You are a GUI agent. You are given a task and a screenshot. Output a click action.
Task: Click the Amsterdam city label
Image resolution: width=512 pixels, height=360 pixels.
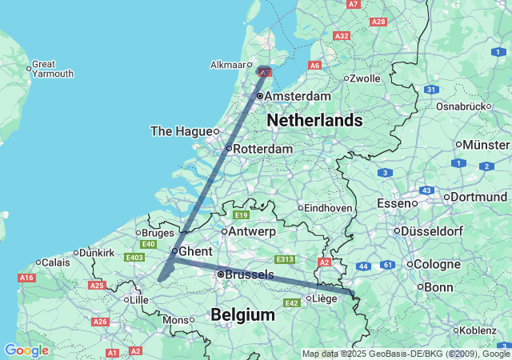click(x=297, y=96)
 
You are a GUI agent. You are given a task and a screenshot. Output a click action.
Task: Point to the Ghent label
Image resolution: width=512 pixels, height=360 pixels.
click(x=195, y=251)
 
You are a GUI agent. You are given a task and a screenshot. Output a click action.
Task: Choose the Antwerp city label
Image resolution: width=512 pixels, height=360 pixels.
click(x=252, y=231)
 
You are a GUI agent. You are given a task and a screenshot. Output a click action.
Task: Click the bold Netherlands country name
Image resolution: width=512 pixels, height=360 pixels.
click(x=314, y=121)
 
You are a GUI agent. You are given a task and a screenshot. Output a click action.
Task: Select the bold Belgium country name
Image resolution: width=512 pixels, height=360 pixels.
click(x=242, y=315)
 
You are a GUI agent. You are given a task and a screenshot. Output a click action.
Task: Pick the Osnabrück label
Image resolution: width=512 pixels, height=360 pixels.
click(x=462, y=106)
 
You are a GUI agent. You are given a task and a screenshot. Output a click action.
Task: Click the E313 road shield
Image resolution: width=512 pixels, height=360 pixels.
click(x=285, y=259)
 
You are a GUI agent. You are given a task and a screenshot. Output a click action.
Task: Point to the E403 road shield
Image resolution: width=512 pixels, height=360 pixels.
click(x=134, y=258)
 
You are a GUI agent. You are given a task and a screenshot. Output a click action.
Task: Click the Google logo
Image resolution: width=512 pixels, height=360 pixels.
click(x=26, y=350)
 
